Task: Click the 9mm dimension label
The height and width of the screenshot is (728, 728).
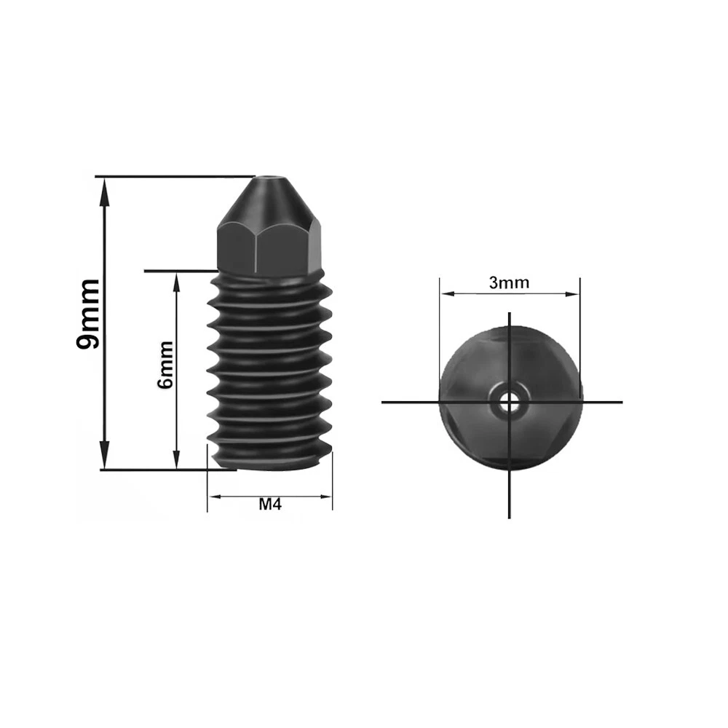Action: [x=88, y=314]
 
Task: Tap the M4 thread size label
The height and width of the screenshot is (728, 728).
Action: [x=270, y=505]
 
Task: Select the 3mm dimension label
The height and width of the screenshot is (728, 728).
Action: [x=510, y=282]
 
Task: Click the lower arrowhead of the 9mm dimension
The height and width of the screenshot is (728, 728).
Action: [x=106, y=456]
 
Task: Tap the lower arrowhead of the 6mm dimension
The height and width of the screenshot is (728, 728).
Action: [x=176, y=458]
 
